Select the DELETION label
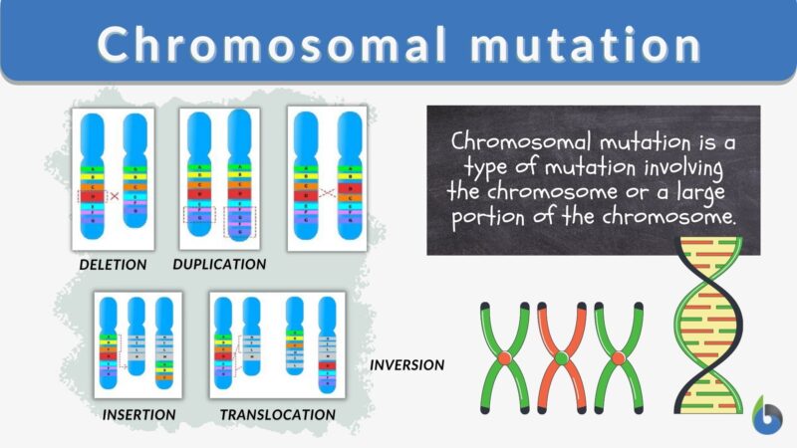pos(114,265)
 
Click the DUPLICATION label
pos(219,265)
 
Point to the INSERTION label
pos(138,413)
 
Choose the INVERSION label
pos(406,364)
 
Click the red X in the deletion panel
pos(114,196)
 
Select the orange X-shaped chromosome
pos(562,356)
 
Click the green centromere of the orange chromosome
pos(562,357)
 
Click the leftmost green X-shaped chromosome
pos(506,356)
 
